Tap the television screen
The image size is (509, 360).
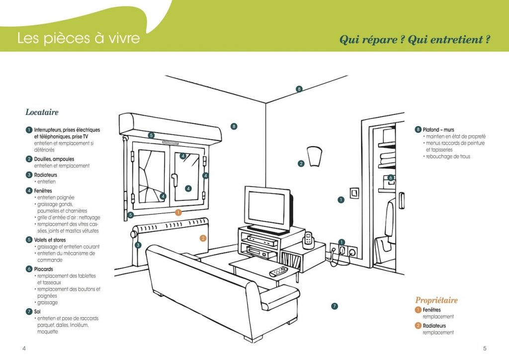point(266,208)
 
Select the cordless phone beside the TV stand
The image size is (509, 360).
point(308,239)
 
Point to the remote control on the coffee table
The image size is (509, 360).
point(278,272)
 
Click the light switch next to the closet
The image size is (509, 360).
point(354,193)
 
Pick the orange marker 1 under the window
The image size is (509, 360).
point(178,212)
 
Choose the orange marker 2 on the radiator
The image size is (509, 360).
point(203,238)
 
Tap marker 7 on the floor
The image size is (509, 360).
point(335,306)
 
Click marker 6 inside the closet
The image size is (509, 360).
point(391,178)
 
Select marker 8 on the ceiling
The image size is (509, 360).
point(299,89)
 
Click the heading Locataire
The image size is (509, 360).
point(42,112)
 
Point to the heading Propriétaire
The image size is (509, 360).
point(436,300)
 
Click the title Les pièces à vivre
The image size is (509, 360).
point(79,38)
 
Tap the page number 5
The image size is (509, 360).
point(485,348)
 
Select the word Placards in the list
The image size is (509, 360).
point(43,269)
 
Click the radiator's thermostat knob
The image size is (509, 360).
point(134,234)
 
